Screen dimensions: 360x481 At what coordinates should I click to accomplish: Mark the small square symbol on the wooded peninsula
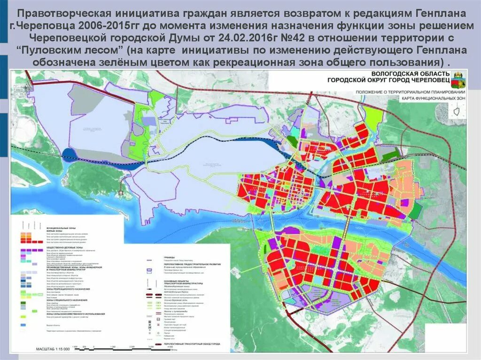pos(122,192)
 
